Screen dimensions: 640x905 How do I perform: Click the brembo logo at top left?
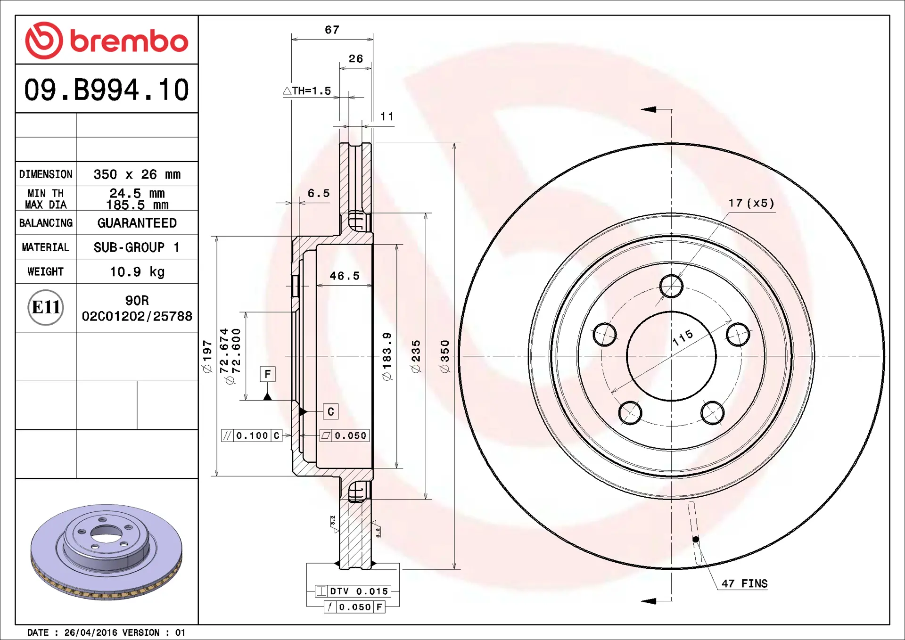coord(107,41)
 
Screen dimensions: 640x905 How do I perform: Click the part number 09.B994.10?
coord(107,90)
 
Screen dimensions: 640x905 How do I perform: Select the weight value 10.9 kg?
coord(137,272)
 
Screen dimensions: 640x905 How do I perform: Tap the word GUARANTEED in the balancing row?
coord(137,223)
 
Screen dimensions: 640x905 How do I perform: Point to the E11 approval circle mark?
coord(46,307)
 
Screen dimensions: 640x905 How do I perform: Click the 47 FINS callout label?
coord(744,583)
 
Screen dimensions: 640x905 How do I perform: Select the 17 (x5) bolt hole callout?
coord(751,203)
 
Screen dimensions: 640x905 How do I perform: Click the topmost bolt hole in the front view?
coord(671,286)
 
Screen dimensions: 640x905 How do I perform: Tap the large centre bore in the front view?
coord(671,356)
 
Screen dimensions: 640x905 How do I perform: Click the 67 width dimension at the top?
coord(332,30)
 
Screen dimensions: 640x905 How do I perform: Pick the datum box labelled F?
coord(268,374)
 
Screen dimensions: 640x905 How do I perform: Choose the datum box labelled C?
coord(330,411)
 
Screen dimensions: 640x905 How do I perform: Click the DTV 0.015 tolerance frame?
coord(354,591)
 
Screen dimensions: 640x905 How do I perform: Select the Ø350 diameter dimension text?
coord(445,356)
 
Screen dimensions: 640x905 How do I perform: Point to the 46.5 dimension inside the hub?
coord(345,276)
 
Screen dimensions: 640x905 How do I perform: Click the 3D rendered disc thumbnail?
coord(107,551)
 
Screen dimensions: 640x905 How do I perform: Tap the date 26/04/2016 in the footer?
coord(90,632)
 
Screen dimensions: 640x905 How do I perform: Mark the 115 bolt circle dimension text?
coord(683,337)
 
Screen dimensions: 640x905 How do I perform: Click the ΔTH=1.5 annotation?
coord(307,90)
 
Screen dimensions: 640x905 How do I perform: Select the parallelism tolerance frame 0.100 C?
coord(252,435)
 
